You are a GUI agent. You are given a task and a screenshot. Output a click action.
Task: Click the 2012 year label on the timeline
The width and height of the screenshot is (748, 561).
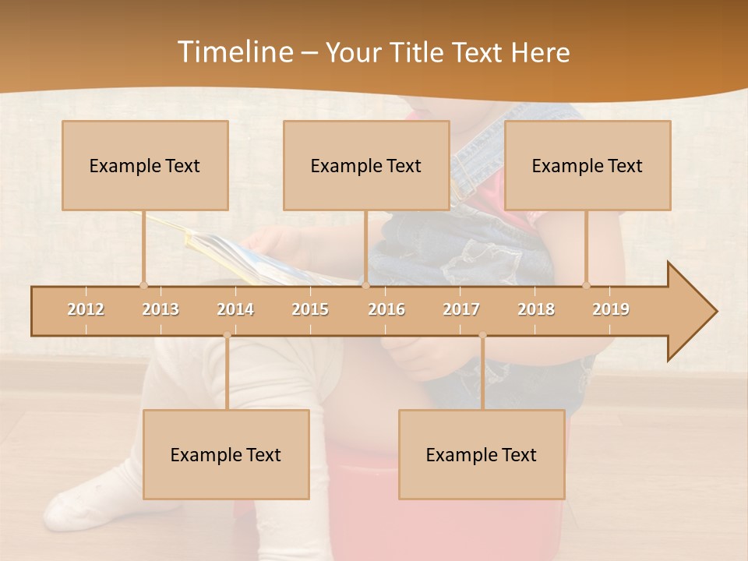click(x=86, y=309)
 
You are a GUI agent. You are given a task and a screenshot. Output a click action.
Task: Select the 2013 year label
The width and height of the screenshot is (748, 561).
click(x=161, y=309)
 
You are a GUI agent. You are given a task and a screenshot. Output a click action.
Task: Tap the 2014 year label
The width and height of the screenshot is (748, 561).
click(x=235, y=309)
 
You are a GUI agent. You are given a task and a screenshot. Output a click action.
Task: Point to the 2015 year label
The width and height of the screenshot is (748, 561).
click(x=310, y=309)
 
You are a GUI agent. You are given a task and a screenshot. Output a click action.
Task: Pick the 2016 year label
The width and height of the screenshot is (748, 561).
click(x=386, y=309)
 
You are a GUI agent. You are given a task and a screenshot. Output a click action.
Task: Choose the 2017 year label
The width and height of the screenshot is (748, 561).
click(x=461, y=309)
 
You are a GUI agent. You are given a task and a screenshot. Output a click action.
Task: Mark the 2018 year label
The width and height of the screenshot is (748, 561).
click(x=536, y=309)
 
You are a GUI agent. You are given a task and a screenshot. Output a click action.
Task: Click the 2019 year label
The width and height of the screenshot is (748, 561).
click(x=611, y=309)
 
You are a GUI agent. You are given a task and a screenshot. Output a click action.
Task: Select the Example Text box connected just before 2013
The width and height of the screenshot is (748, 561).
click(x=145, y=165)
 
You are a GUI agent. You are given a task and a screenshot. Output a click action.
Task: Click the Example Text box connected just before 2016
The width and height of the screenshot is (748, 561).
click(x=366, y=165)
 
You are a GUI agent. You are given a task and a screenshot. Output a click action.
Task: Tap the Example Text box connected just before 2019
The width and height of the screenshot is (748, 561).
click(x=587, y=165)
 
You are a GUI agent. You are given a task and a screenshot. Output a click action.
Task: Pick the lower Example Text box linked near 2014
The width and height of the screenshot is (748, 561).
click(x=226, y=454)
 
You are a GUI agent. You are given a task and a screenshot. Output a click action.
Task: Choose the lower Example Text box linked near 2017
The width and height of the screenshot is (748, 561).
click(x=482, y=454)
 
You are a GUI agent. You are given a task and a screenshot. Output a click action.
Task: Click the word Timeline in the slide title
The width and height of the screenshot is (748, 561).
click(x=234, y=52)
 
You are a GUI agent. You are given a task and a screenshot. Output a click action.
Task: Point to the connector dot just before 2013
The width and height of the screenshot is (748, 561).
click(x=143, y=285)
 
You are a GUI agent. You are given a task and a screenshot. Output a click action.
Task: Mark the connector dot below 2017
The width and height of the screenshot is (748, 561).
click(x=482, y=336)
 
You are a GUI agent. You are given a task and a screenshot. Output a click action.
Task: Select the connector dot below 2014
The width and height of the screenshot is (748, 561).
click(x=227, y=336)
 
